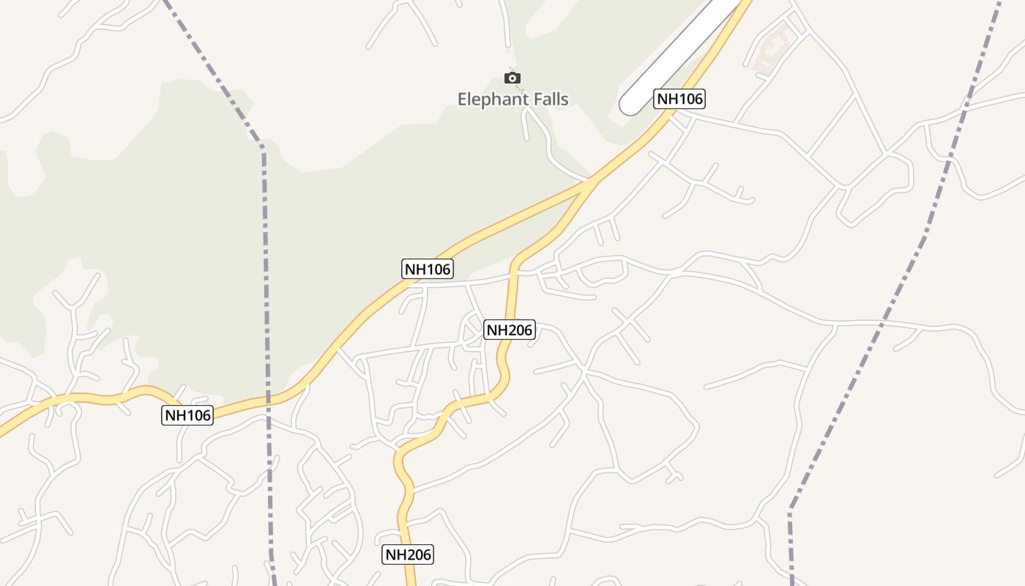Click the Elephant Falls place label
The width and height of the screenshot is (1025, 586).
pyautogui.click(x=512, y=99)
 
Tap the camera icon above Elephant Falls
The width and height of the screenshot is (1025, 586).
pyautogui.click(x=512, y=78)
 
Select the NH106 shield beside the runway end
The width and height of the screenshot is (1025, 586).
pyautogui.click(x=679, y=99)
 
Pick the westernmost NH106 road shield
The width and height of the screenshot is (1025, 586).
pyautogui.click(x=187, y=415)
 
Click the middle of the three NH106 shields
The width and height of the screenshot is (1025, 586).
pyautogui.click(x=428, y=269)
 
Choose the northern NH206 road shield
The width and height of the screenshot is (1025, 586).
pyautogui.click(x=510, y=330)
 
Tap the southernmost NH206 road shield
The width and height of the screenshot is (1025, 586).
pyautogui.click(x=408, y=555)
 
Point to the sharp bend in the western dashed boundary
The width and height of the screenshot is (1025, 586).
pyautogui.click(x=262, y=146)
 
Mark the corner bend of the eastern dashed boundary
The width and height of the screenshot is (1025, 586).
pyautogui.click(x=791, y=508)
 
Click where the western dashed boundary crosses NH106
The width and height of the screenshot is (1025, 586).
pyautogui.click(x=268, y=400)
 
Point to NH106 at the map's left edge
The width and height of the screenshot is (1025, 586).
pyautogui.click(x=3, y=430)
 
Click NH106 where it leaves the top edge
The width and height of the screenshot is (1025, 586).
pyautogui.click(x=745, y=3)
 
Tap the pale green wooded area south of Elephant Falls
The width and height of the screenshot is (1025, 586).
pyautogui.click(x=329, y=220)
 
